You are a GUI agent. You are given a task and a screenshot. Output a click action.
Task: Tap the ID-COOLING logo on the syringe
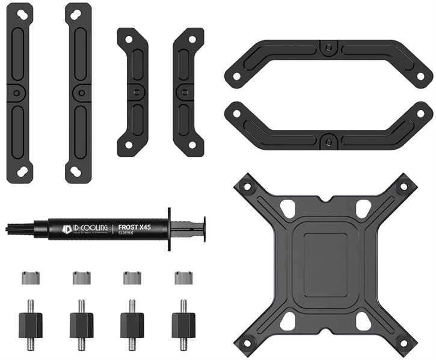87,227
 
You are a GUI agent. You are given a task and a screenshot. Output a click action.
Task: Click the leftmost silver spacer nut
30,278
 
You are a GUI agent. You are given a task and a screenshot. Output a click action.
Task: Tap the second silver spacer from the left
81,278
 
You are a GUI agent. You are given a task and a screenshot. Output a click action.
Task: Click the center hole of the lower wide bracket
327,142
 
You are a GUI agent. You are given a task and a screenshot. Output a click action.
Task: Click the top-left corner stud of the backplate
247,185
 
